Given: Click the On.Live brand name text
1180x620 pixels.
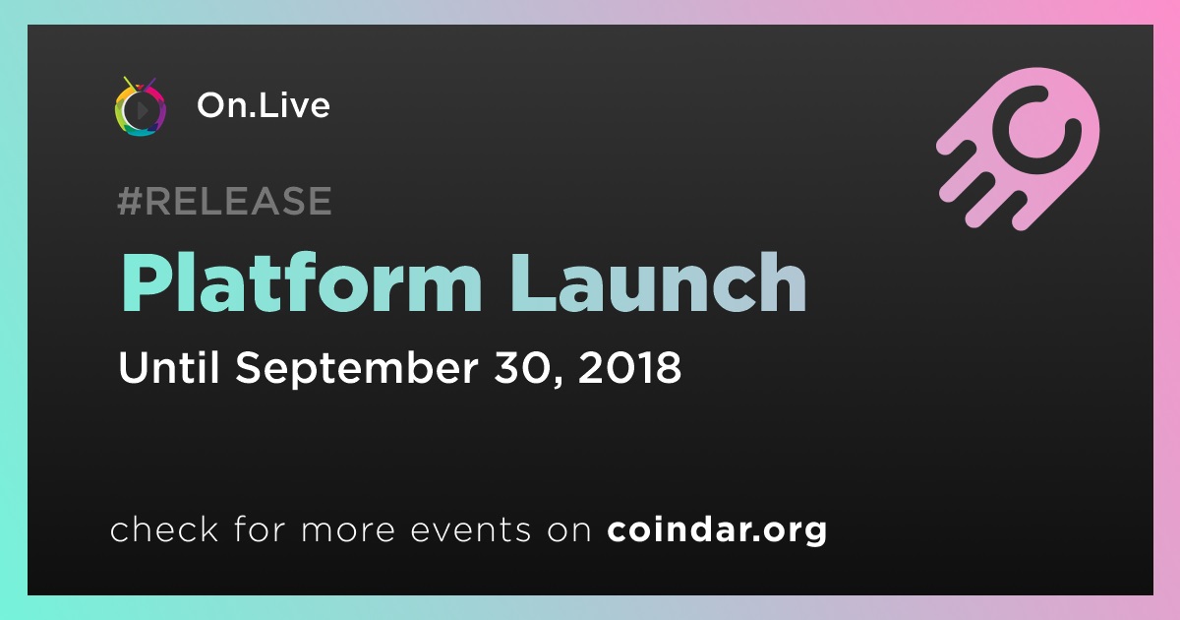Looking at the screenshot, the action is [264, 105].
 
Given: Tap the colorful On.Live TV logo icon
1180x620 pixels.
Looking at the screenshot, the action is [140, 106].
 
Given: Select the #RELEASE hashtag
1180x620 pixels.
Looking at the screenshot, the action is [224, 201].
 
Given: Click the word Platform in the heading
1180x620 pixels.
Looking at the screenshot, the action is [301, 282].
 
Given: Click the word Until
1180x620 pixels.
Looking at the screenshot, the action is [168, 367].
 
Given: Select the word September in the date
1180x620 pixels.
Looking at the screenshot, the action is [357, 369].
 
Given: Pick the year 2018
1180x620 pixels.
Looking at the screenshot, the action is [629, 367].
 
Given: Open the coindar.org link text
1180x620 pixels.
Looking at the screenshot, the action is [717, 529].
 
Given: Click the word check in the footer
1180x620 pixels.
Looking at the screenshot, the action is [164, 528].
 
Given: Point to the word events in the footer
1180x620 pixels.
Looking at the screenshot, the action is [470, 530].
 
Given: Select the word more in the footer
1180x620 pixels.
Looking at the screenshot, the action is [348, 530].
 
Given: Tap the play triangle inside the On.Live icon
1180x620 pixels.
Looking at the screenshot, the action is [142, 110].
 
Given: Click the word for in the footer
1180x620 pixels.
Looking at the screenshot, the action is [260, 528].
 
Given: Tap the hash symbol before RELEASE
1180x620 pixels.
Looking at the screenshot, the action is [129, 201].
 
